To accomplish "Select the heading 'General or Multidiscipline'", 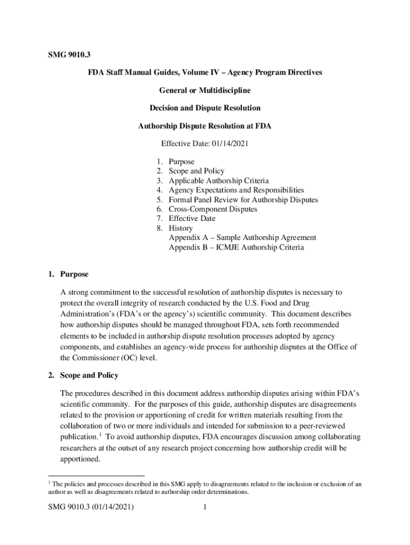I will pos(204,90).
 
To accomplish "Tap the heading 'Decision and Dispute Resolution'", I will pos(205,108).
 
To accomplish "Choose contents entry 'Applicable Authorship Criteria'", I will pos(218,180).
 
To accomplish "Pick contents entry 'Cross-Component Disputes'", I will pos(212,209).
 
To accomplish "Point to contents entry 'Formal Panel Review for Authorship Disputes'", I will pos(243,200).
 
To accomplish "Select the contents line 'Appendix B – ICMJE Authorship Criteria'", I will pos(236,247).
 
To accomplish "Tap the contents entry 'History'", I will pos(181,228).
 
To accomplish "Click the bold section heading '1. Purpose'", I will pos(68,275).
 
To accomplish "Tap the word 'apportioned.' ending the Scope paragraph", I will pos(80,458).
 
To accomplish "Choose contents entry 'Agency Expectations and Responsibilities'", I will pos(236,190).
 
